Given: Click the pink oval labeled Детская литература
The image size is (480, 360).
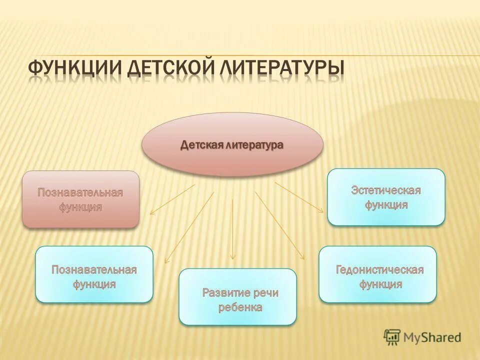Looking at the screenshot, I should [x=232, y=144].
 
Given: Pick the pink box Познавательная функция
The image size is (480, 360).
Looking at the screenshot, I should [x=80, y=199].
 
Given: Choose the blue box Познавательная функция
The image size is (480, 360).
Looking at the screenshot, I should [x=94, y=274].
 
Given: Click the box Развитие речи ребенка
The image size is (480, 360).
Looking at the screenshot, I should [x=237, y=296].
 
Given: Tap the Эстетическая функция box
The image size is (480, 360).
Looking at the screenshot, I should [x=385, y=197].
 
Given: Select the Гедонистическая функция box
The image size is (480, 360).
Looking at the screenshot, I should [x=377, y=274].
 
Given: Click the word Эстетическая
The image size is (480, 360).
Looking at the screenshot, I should [x=385, y=190].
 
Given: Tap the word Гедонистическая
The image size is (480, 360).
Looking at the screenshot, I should [x=379, y=270].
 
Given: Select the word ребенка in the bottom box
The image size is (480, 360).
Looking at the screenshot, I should [x=240, y=307].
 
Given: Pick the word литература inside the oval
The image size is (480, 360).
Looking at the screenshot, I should [x=254, y=145].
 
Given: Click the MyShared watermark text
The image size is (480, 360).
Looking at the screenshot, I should [x=433, y=337].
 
